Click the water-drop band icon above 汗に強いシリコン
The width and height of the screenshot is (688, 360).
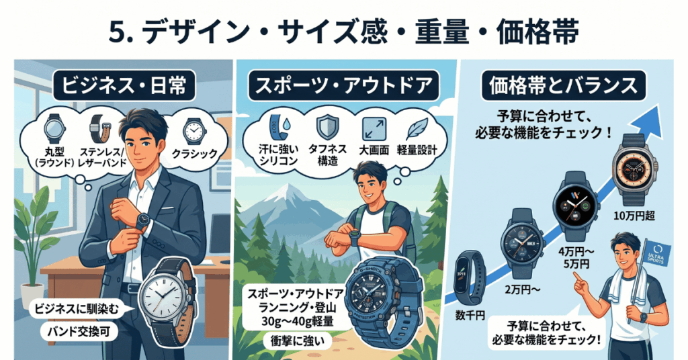(x=273, y=126)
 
